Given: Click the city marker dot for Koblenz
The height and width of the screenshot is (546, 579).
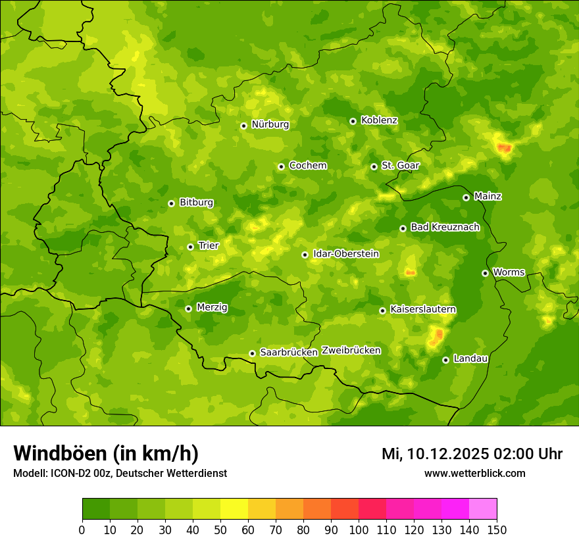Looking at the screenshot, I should [353, 121].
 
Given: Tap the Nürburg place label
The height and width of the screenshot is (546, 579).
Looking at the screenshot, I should [270, 124].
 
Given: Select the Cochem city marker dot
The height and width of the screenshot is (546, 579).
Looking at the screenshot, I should [281, 166].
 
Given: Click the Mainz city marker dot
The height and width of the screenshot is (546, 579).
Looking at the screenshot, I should [466, 197].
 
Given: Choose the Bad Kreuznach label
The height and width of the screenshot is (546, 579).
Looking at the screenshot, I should [445, 227].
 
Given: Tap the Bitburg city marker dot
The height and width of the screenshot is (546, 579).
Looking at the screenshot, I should [171, 203].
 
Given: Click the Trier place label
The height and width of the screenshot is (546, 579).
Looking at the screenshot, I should [208, 245].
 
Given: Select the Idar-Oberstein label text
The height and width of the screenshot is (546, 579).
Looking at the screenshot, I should [345, 253].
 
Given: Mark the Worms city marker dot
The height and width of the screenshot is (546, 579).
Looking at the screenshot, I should [485, 273].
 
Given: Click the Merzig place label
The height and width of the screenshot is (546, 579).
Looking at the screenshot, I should [212, 307].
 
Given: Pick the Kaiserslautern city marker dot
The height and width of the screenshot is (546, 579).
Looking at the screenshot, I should [382, 310].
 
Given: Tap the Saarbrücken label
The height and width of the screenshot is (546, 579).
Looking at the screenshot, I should [289, 353].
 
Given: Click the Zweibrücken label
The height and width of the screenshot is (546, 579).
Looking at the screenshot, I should [351, 351].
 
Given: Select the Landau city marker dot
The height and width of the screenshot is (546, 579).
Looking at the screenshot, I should [445, 360].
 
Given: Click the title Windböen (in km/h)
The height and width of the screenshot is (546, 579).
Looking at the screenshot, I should [106, 453].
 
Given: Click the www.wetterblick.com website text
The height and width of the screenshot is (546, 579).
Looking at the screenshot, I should [474, 474].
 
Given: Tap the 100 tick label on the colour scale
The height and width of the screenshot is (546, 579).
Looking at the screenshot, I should [359, 530].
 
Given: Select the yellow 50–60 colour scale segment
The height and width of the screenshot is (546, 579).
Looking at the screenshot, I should [234, 509].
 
